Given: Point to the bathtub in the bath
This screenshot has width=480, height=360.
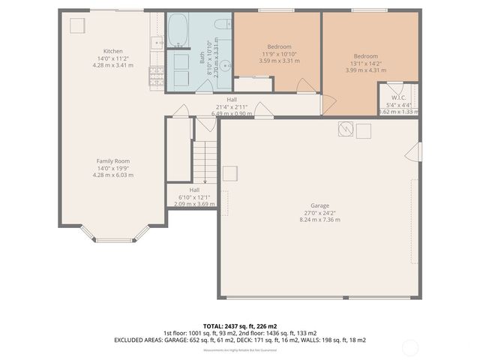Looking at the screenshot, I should (x=178, y=31).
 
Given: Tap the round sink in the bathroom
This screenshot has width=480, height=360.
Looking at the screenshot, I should (x=180, y=61).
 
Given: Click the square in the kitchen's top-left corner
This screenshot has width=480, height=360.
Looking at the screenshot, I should (x=76, y=25).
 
